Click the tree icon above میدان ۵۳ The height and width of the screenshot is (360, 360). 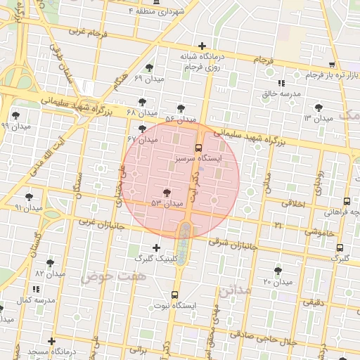[x=167, y=192]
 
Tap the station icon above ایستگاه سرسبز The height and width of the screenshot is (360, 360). [x=199, y=148]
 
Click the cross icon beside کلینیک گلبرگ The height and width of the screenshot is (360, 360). [x=156, y=247]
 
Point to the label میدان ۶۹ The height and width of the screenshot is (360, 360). [x=148, y=78]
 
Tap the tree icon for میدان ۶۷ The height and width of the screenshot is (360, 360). [x=143, y=129]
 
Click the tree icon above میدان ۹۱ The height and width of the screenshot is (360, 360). [x=29, y=197]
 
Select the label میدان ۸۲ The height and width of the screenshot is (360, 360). [x=50, y=273]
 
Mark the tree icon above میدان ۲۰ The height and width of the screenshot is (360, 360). [x=278, y=270]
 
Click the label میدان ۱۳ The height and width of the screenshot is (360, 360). [x=317, y=117]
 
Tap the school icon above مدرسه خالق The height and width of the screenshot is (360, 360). [x=282, y=82]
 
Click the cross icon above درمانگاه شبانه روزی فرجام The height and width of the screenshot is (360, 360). [x=203, y=46]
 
